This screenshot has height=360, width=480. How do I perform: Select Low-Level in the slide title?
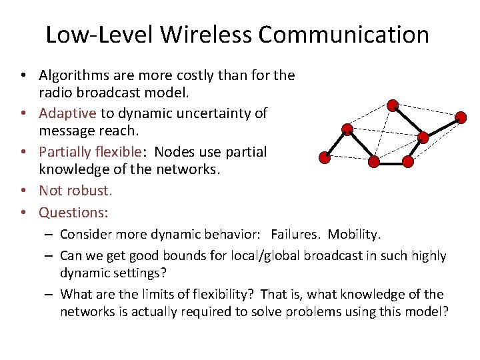pos(91,34)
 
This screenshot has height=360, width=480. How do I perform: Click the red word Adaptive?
pos(67,113)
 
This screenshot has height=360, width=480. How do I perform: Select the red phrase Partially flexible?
pos(90,151)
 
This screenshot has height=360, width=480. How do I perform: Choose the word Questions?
pos(73,212)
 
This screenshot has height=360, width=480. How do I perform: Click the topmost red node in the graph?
pos(393,105)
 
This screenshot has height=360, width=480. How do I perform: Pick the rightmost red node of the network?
pos(461,117)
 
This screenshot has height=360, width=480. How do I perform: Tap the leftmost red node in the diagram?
pos(324,157)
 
